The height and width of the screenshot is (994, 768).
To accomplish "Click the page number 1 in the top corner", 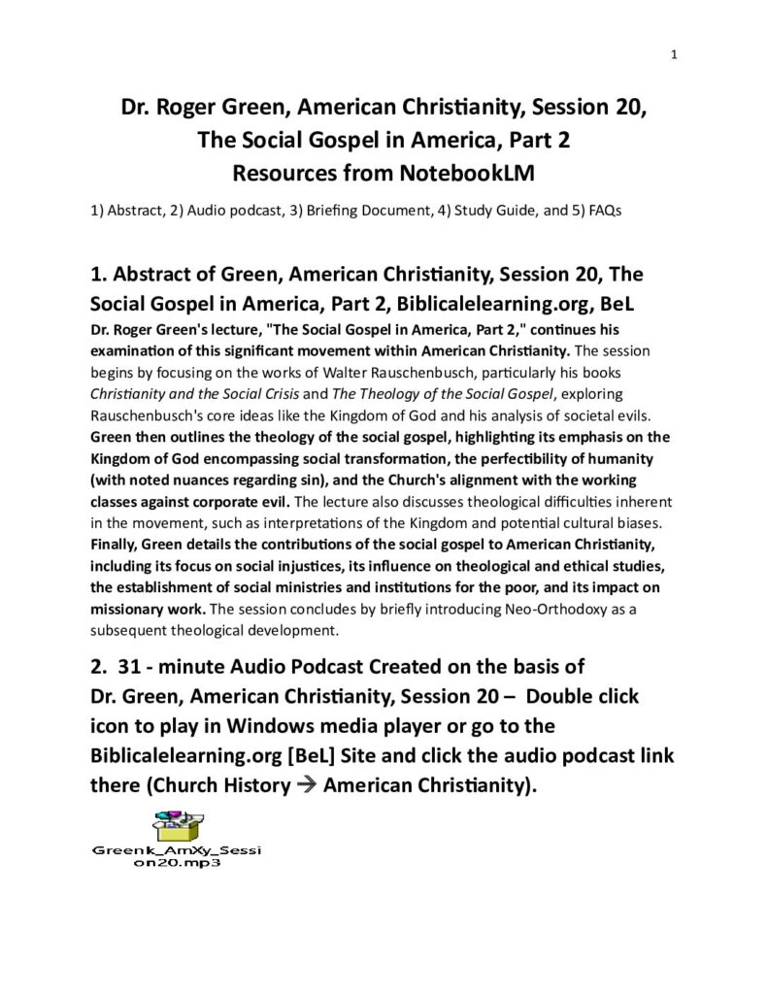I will (x=673, y=55).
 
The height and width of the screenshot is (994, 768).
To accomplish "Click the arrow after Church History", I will (x=306, y=785).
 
